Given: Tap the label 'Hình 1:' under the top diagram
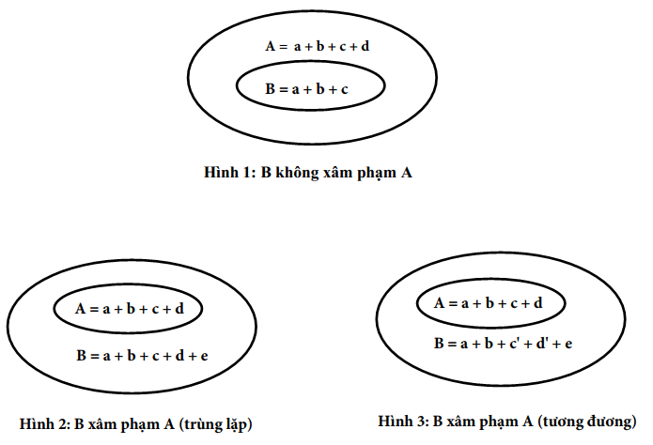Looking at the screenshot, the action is (x=229, y=172).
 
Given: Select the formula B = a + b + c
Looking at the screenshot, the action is (x=306, y=88).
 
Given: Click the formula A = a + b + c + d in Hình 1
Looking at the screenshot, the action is (x=318, y=46).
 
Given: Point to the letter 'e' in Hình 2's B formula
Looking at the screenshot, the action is (x=204, y=357).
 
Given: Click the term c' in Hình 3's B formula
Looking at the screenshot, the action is (x=514, y=344).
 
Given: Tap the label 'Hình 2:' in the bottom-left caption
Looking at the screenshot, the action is (x=45, y=423).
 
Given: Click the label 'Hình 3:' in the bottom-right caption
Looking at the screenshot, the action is (x=403, y=421).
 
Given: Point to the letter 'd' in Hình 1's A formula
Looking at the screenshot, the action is (x=365, y=46).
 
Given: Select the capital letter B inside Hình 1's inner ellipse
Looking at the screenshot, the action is (x=271, y=88).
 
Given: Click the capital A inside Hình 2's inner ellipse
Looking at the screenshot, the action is (x=81, y=309).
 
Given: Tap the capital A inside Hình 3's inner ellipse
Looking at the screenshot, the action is (x=440, y=303).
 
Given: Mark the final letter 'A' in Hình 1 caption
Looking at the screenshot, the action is (x=407, y=173).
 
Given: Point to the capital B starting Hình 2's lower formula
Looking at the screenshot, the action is (x=81, y=356).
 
